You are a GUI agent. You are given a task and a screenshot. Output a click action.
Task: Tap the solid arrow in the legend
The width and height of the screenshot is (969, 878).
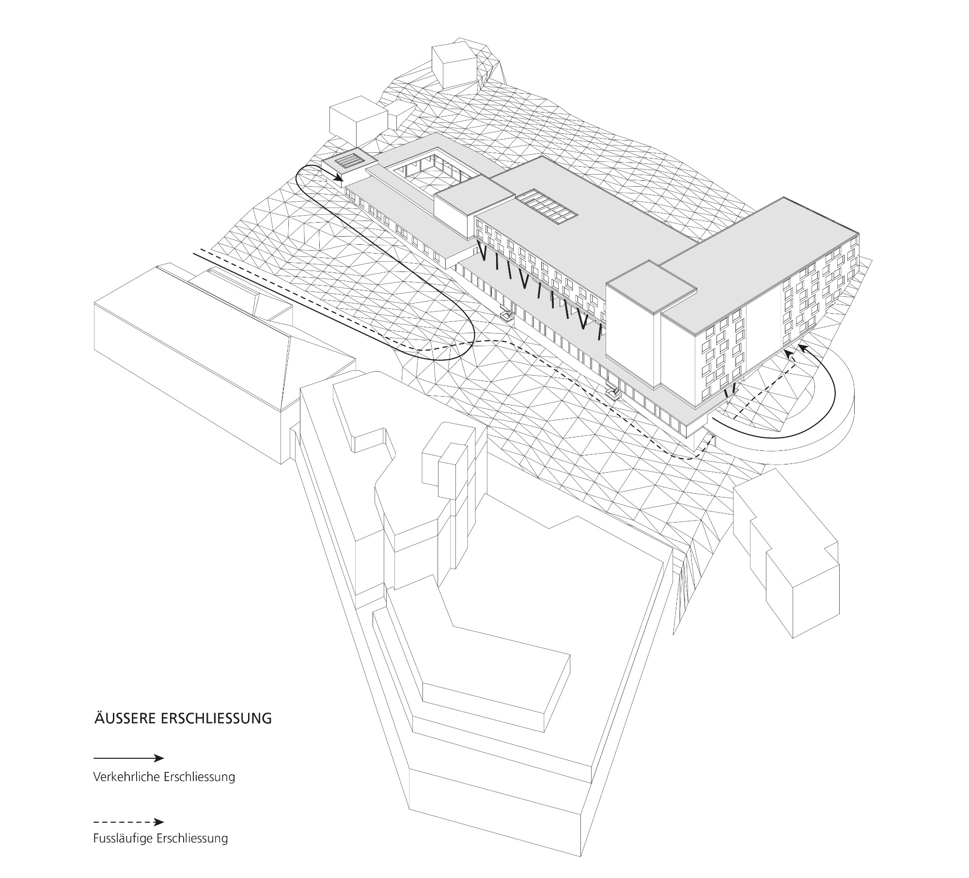[x=129, y=758]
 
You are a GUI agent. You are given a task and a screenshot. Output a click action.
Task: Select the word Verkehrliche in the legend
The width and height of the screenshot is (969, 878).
[x=126, y=777]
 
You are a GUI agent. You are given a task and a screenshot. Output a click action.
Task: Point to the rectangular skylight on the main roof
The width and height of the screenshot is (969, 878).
[x=547, y=207]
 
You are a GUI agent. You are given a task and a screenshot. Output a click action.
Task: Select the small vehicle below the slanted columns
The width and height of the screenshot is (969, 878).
[x=507, y=316]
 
